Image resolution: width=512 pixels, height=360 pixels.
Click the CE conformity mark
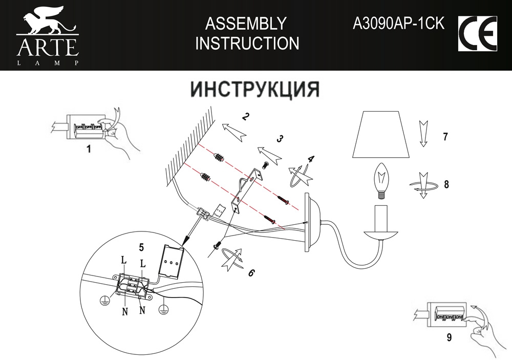click(476, 34)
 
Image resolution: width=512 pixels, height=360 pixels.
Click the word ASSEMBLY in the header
click(245, 24)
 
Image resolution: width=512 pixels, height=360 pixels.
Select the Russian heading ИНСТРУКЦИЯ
click(255, 89)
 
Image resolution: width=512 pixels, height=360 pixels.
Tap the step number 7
click(445, 137)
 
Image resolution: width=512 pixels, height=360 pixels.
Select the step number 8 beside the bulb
click(446, 185)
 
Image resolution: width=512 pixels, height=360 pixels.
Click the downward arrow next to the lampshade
click(423, 134)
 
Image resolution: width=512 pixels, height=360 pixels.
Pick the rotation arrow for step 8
click(423, 185)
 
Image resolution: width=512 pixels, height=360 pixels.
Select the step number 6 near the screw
click(250, 272)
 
